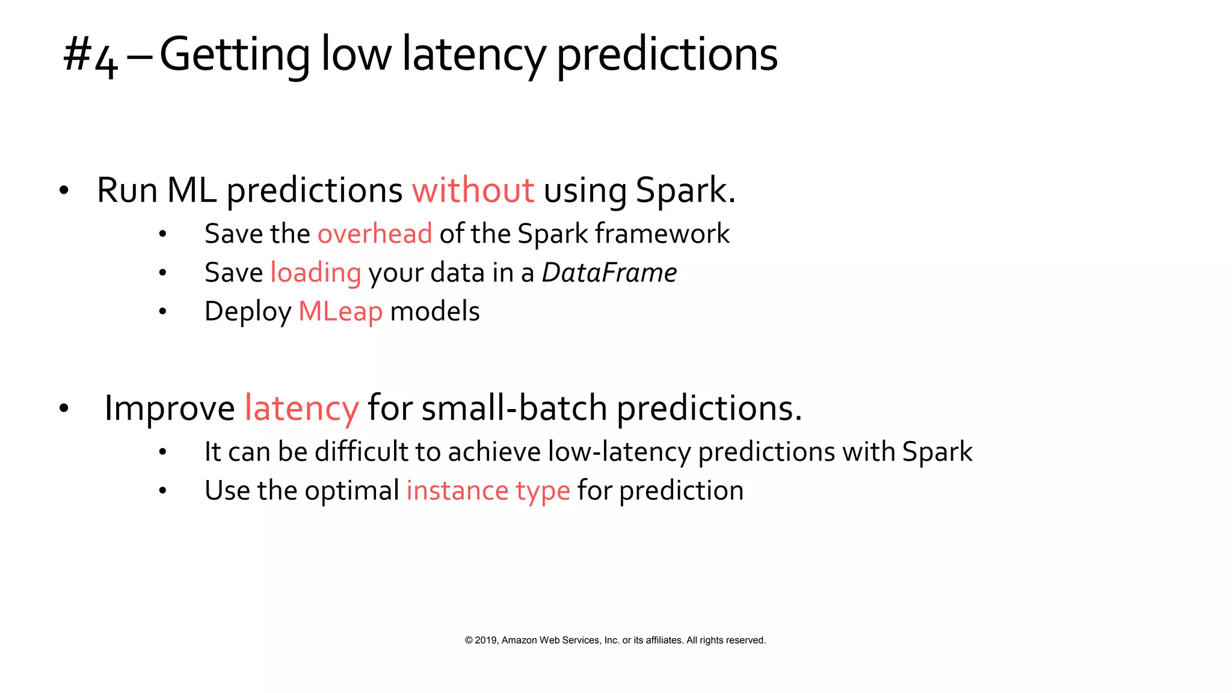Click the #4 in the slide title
90,56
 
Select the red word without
473,191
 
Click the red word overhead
375,234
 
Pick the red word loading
316,273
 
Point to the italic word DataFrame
609,273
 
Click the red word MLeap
340,312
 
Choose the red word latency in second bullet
301,408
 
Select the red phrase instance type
488,491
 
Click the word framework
662,234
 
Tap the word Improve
170,408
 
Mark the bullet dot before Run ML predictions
64,191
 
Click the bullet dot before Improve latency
64,409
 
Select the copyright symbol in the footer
469,640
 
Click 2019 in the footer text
486,640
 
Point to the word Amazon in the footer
519,640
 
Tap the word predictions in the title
667,56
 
